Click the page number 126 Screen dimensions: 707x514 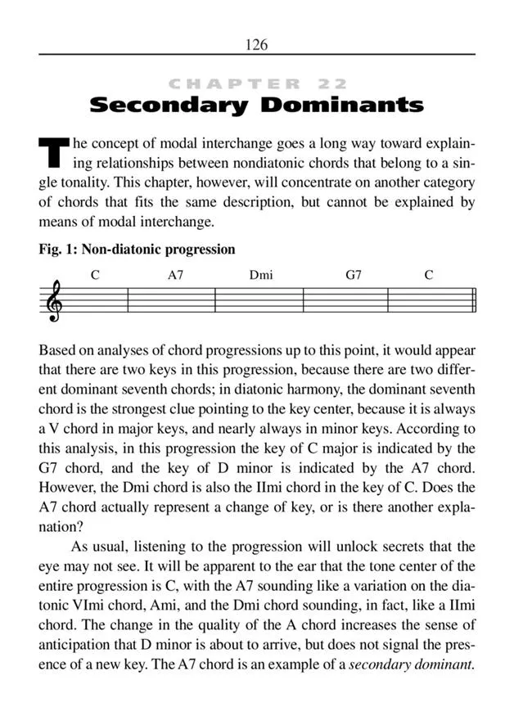[x=256, y=44]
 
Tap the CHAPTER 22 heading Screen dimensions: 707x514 [x=256, y=83]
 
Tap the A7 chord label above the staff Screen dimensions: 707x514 [x=175, y=276]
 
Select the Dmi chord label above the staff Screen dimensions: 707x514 [x=261, y=276]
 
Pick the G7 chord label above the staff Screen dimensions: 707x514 [x=353, y=276]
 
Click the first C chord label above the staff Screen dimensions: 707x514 [x=95, y=276]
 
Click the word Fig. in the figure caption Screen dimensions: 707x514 [x=52, y=250]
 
